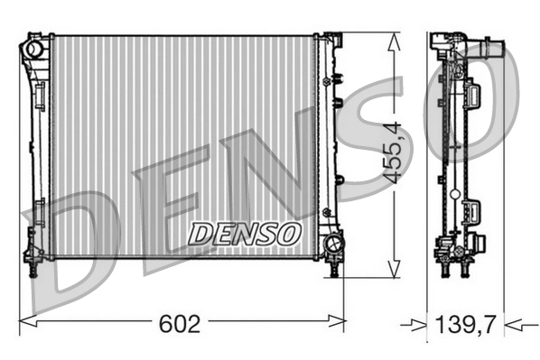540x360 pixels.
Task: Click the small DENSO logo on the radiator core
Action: click(x=244, y=234)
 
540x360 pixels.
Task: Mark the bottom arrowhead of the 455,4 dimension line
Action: click(x=392, y=270)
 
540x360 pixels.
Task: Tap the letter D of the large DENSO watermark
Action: click(x=77, y=244)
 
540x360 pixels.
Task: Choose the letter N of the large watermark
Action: click(x=262, y=167)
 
